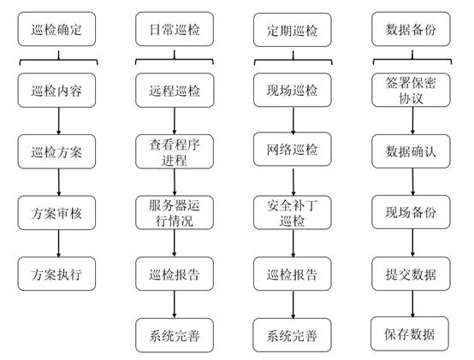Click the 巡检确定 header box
(x=56, y=29)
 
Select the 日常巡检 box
(x=175, y=29)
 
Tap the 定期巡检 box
(x=293, y=30)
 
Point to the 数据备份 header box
(x=411, y=29)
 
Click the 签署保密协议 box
(x=411, y=90)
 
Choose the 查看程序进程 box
(x=175, y=151)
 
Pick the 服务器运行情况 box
(x=175, y=213)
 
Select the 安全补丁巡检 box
(x=293, y=213)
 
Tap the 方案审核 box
(x=56, y=213)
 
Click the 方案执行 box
(x=56, y=274)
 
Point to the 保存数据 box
(x=410, y=333)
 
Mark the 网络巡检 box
(x=293, y=149)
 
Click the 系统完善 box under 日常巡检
(x=175, y=335)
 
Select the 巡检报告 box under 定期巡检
(x=293, y=274)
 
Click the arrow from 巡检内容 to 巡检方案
(x=59, y=121)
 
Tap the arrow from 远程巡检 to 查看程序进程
(x=175, y=121)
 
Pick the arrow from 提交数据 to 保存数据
(x=412, y=304)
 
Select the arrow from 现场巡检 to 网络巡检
(x=293, y=120)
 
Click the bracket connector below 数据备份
(x=412, y=60)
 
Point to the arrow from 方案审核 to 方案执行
(x=59, y=244)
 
